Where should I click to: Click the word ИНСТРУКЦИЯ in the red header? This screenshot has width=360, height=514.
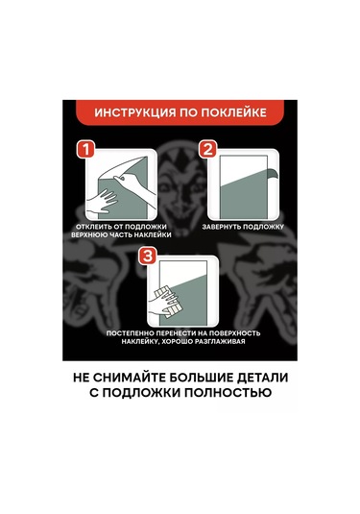tap(135, 112)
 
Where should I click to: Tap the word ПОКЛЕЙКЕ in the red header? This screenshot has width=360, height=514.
tap(233, 112)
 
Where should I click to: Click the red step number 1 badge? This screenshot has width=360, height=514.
tap(85, 150)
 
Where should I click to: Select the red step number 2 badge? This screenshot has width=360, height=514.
tap(208, 150)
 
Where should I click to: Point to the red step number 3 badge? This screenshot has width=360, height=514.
tap(148, 256)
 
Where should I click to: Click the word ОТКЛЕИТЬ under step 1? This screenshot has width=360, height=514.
tap(93, 227)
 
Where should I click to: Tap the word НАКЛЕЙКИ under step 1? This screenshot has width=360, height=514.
tap(154, 235)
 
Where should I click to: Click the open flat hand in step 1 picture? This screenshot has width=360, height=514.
tap(101, 204)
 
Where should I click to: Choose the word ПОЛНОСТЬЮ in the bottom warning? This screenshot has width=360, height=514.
tap(228, 392)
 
